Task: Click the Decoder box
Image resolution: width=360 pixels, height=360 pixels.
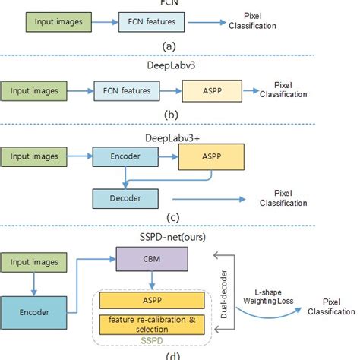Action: (125, 198)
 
